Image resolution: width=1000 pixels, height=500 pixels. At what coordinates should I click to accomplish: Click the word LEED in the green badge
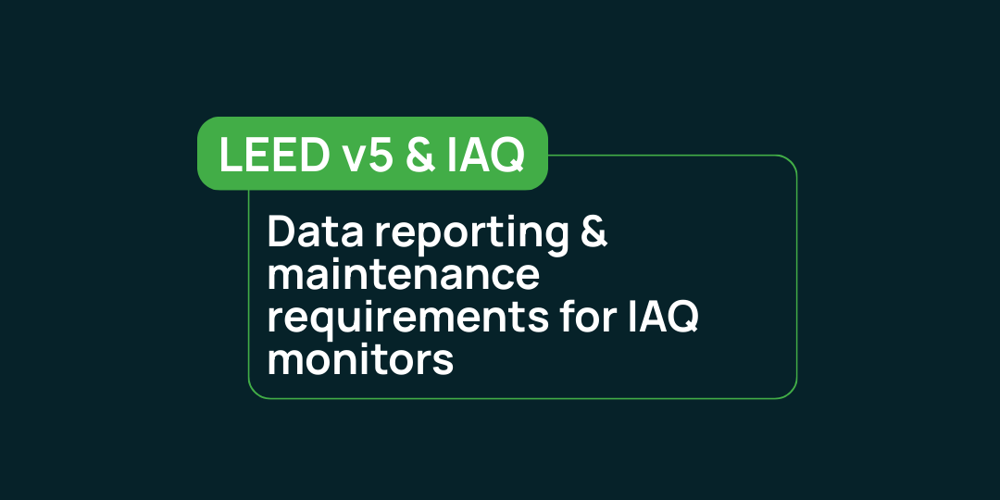coord(274,155)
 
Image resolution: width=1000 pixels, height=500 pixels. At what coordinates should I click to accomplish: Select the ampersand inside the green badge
coord(419,155)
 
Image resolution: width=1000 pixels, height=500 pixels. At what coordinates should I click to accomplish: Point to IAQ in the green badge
coord(484,156)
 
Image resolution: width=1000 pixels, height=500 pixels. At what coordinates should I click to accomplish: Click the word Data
coord(315,232)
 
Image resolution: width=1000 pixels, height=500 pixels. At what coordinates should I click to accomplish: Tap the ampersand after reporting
coord(594,232)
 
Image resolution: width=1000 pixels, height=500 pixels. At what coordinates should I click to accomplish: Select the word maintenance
coord(403,276)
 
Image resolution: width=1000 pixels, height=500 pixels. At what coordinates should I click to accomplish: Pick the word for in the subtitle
coord(587,317)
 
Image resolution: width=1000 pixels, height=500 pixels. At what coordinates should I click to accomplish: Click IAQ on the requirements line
coord(663,318)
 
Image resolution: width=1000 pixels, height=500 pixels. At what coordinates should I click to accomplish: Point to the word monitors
coord(360,359)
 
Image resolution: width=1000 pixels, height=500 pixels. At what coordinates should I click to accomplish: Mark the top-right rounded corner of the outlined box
coord(791,161)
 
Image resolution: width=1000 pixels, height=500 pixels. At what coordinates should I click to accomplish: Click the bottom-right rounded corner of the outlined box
coord(791,393)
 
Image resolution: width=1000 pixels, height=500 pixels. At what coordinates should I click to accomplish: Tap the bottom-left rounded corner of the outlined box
coord(255,393)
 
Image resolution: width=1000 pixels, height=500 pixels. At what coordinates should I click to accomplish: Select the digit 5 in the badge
coord(381,155)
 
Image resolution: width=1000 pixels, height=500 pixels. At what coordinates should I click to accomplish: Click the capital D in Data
coord(281,232)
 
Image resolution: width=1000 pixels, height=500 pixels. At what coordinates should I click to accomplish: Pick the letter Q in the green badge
coord(508,156)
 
